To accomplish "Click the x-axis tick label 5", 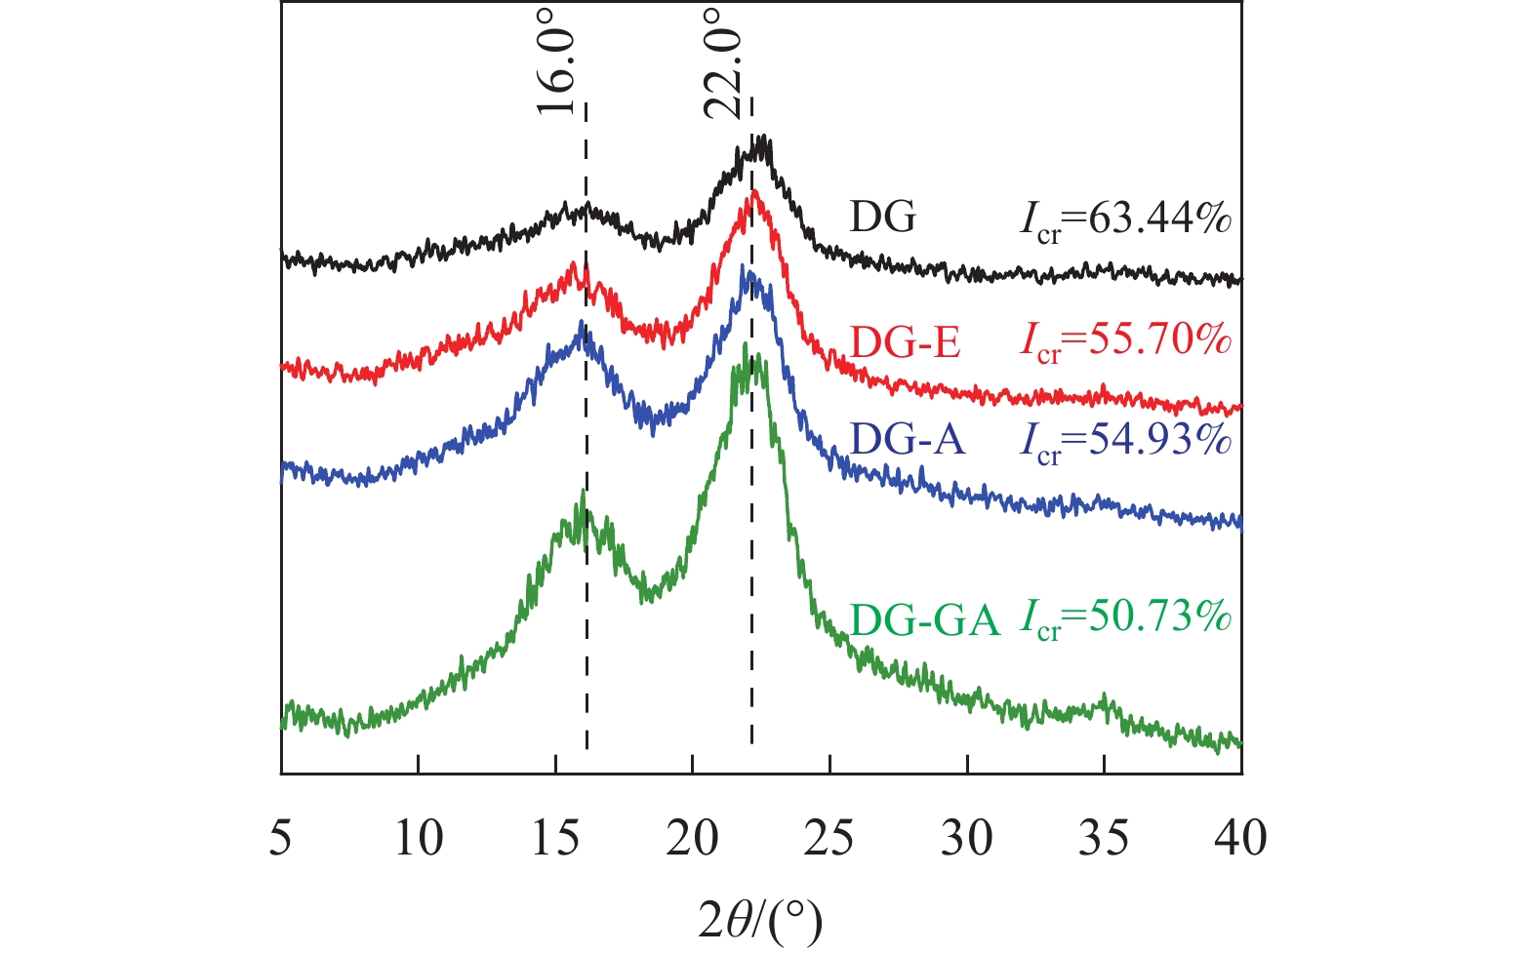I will click(x=281, y=837).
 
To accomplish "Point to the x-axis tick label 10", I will click(x=418, y=837).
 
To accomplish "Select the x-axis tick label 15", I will click(x=555, y=837).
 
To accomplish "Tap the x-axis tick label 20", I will click(x=692, y=837).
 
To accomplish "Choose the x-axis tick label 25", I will click(x=829, y=837).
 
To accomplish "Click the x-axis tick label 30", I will click(x=966, y=837).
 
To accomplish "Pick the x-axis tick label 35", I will click(x=1104, y=837).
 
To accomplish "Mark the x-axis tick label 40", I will click(x=1240, y=837).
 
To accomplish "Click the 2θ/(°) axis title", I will click(x=760, y=919).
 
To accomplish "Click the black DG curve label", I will click(x=883, y=218).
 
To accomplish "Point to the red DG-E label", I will click(x=906, y=342).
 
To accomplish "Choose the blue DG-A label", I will click(x=908, y=440).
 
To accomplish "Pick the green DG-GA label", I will click(x=925, y=620).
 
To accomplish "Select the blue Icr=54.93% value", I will click(x=1125, y=442).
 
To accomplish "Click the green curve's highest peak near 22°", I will click(x=746, y=345).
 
